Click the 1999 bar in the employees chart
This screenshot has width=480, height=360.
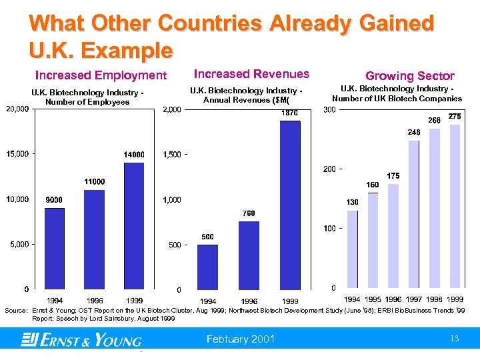pos(134,225)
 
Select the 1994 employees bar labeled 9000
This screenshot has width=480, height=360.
pos(55,248)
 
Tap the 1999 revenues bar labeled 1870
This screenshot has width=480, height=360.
pos(289,205)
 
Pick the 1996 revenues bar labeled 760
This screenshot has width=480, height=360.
pos(249,255)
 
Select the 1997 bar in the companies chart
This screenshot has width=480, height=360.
pos(414,214)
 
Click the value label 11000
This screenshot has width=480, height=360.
pos(94,181)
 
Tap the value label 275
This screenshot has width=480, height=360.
pos(455,117)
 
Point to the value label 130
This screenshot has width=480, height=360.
pos(353,202)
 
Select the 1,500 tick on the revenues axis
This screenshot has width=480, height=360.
pos(173,155)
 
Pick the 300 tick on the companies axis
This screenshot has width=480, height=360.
pos(329,109)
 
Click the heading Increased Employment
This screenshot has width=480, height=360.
pos(101,75)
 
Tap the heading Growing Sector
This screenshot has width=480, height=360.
pos(409,76)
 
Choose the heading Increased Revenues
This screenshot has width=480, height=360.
pos(251,74)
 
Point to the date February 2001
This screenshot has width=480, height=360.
pos(241,339)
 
